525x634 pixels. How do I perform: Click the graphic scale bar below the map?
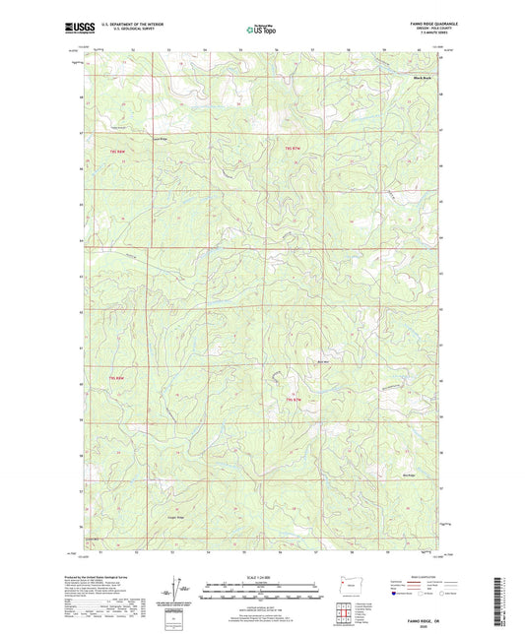tap(262, 594)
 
